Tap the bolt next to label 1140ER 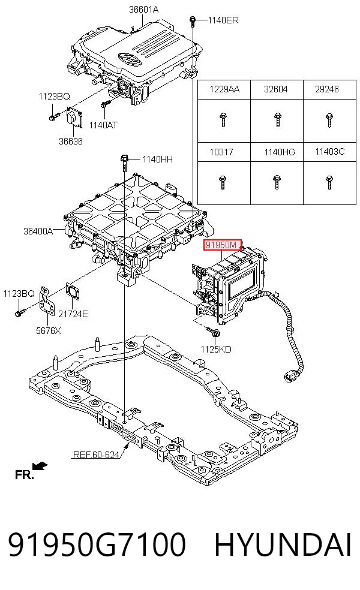tap(193, 21)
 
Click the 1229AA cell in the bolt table tap(224, 89)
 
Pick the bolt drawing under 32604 tap(278, 120)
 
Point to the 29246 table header tap(327, 89)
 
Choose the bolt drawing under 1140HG tap(277, 182)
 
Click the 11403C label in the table tap(330, 152)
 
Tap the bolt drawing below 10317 tap(222, 182)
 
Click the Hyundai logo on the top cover tap(130, 58)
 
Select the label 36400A tap(38, 231)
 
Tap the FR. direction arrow tap(40, 466)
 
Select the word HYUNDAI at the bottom tap(283, 544)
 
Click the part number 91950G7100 tap(97, 544)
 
